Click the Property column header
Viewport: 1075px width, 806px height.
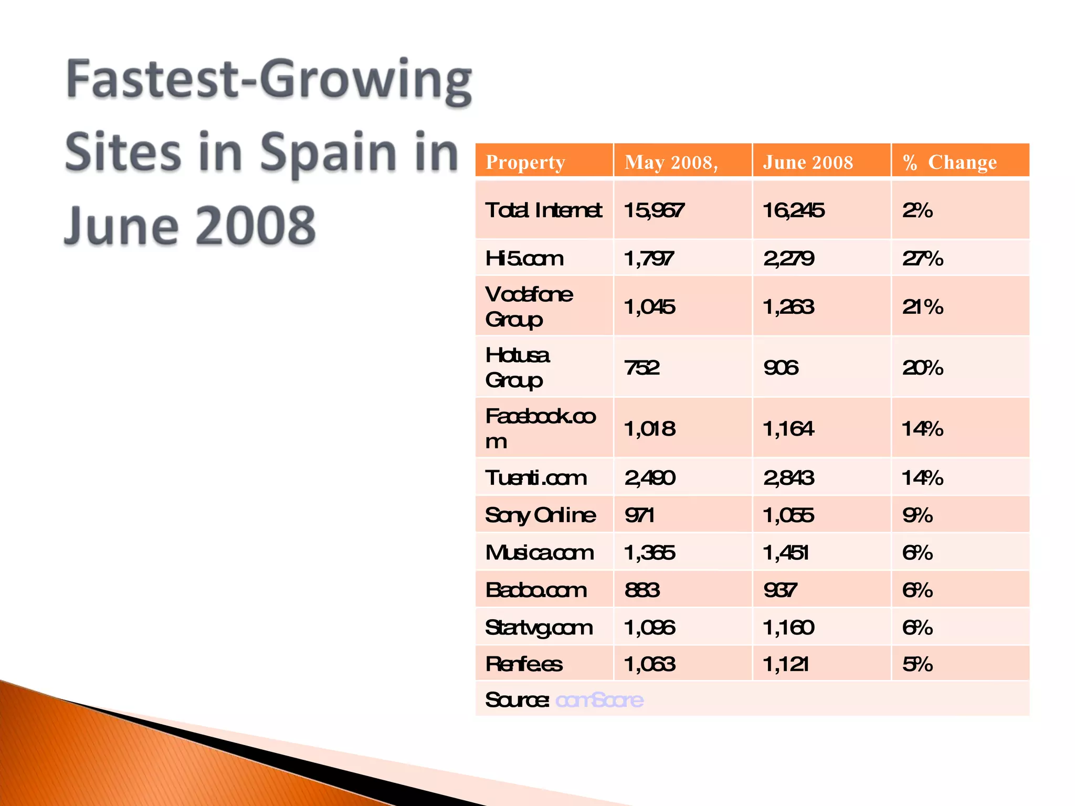(525, 162)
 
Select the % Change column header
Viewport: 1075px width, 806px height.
(949, 162)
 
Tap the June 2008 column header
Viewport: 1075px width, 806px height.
(808, 162)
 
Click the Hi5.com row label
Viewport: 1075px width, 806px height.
(524, 258)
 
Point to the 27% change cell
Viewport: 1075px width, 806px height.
(922, 258)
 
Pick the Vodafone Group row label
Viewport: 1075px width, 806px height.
(529, 306)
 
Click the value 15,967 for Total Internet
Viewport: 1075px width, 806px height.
(654, 210)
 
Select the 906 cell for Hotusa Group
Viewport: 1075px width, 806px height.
(781, 367)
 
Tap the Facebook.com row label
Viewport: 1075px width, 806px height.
(540, 428)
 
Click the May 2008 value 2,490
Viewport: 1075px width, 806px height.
(650, 478)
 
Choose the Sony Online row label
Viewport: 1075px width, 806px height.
(540, 515)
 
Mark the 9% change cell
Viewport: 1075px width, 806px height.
(917, 515)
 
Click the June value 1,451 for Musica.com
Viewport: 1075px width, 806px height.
(785, 553)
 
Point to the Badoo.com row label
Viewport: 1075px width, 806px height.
(535, 590)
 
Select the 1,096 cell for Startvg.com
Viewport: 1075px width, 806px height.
(649, 627)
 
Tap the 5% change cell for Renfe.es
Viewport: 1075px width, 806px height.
(917, 664)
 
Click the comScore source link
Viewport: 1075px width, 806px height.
(599, 699)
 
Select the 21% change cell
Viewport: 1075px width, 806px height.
(922, 306)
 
